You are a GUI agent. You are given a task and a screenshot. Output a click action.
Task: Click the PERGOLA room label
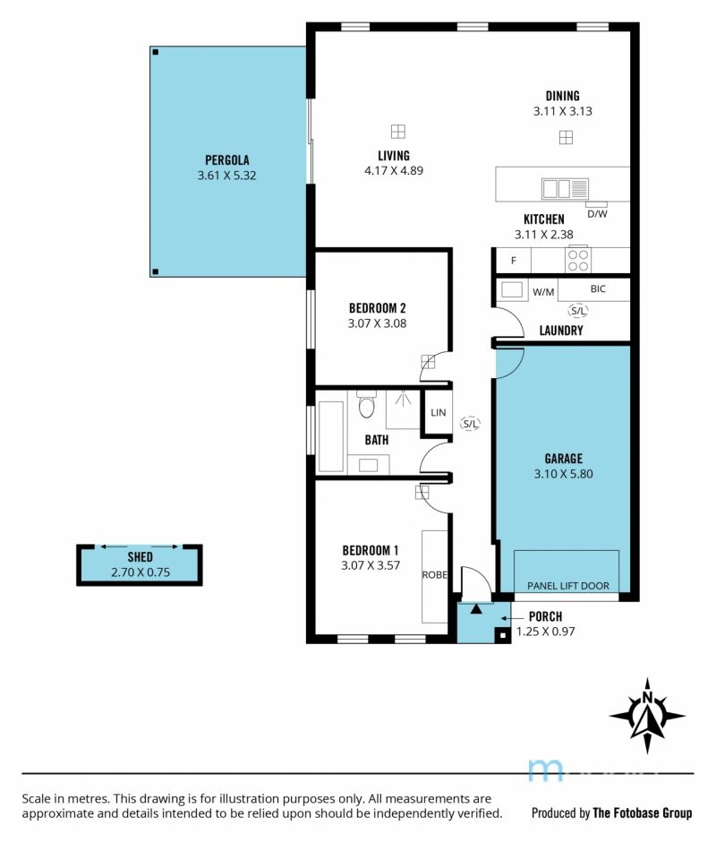point(226,160)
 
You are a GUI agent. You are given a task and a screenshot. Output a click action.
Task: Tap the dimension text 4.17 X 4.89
point(394,171)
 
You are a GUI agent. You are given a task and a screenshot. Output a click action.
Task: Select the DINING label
point(562,96)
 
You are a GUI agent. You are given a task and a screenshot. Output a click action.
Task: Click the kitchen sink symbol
point(565,189)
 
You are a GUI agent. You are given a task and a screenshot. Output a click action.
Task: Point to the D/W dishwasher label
point(597,214)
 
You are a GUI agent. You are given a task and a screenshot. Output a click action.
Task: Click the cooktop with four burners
point(578,261)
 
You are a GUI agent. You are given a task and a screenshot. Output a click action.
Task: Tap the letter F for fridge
point(514,261)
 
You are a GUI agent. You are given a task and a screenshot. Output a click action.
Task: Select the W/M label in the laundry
point(543,292)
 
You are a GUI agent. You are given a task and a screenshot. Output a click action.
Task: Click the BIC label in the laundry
point(598,288)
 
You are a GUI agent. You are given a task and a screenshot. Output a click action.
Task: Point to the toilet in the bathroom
point(366,404)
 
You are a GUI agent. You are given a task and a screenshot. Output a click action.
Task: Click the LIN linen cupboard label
point(439,412)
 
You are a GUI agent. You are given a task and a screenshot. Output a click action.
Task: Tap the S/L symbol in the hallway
point(470,424)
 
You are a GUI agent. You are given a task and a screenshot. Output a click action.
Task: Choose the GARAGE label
point(564,459)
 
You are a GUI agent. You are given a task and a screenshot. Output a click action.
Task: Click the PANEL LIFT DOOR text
point(568,586)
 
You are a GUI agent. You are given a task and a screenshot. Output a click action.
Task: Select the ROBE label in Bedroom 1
point(435,575)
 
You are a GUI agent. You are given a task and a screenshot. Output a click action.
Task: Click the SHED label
point(141,557)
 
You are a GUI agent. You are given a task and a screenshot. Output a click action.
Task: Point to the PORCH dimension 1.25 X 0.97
point(546,632)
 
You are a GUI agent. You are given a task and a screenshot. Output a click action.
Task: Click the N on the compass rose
point(647,698)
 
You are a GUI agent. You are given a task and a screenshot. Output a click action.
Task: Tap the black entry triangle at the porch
point(476,609)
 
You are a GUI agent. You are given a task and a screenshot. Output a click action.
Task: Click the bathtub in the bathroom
point(331,436)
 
